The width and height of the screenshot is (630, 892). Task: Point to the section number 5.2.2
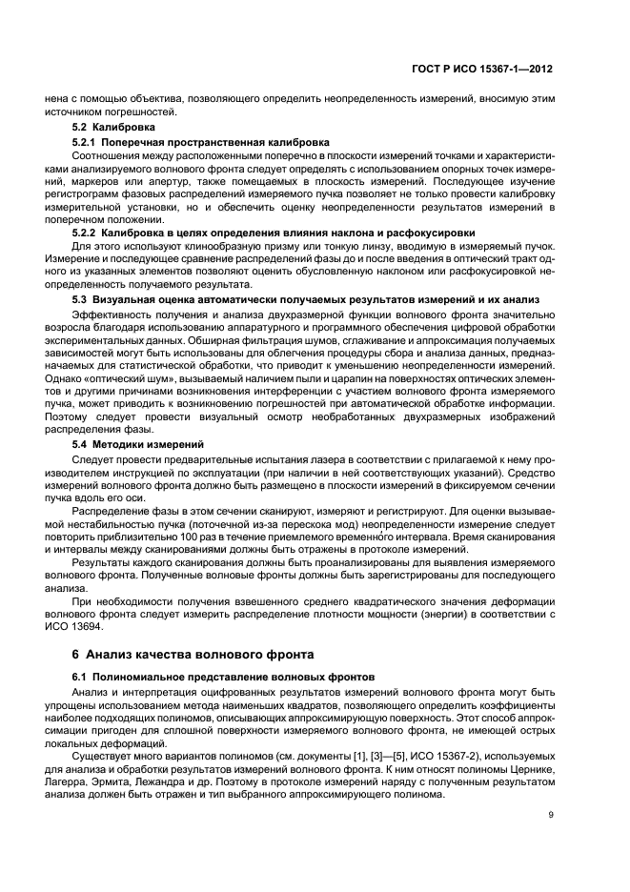(x=89, y=233)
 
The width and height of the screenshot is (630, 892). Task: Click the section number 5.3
(x=83, y=299)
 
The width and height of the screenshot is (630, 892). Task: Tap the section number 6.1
(x=83, y=676)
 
